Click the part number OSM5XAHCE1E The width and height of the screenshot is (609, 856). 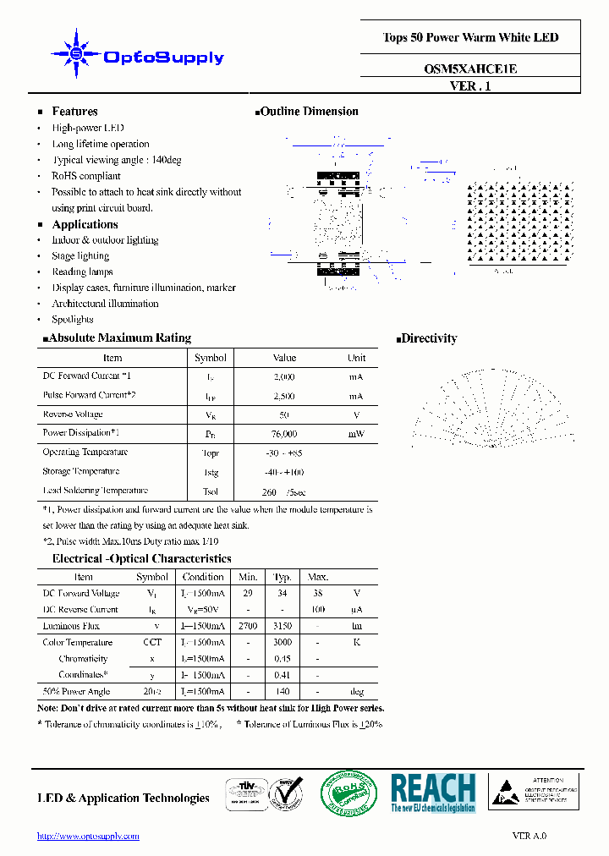tap(470, 70)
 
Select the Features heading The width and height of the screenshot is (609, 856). tap(74, 112)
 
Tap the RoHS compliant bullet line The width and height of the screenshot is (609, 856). tap(86, 176)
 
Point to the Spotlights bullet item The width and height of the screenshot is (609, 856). tap(73, 320)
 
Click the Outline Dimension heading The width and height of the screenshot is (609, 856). tap(310, 112)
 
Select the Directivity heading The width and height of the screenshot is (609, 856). tap(429, 338)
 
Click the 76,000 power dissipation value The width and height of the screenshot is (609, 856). tap(284, 434)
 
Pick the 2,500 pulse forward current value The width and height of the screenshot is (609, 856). tap(284, 396)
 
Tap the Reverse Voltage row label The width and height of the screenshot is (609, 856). tap(73, 414)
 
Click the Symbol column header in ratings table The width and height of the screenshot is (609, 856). tap(211, 358)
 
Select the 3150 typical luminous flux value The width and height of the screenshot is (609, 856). tap(282, 626)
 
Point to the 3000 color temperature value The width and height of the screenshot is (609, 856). tap(282, 643)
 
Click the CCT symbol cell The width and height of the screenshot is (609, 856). tap(152, 643)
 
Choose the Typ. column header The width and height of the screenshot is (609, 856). tap(282, 577)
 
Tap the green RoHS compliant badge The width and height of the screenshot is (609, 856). tap(350, 795)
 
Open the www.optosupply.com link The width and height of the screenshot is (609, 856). tap(88, 836)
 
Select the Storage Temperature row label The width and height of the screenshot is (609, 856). tap(81, 471)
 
